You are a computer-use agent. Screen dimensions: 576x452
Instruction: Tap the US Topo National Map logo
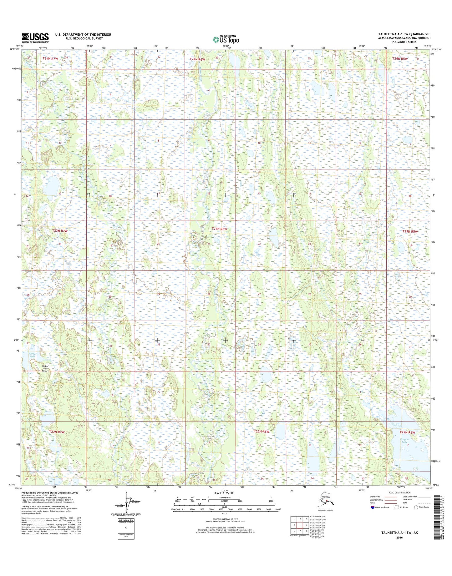coord(226,39)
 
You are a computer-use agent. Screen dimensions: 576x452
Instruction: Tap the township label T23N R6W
coord(219,229)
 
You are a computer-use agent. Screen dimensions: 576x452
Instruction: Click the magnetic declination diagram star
coord(126,492)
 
